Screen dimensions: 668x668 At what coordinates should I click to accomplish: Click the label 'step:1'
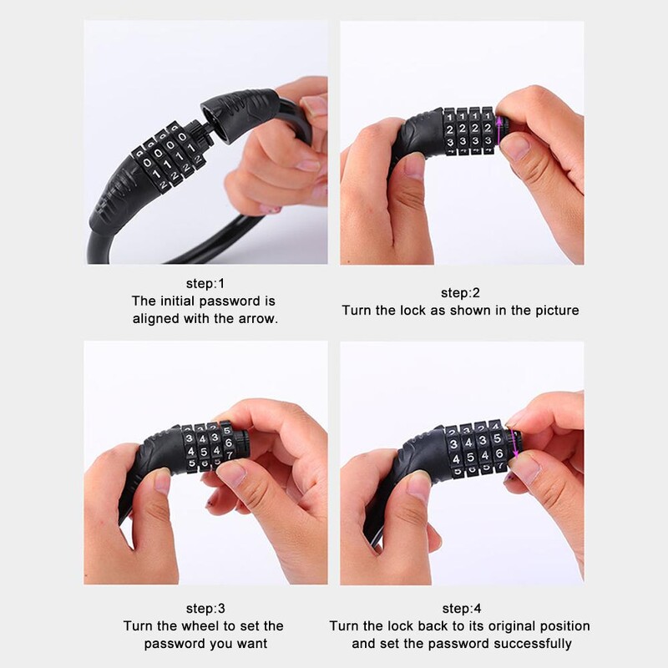[x=205, y=283]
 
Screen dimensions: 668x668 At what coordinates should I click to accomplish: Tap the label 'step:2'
[x=460, y=293]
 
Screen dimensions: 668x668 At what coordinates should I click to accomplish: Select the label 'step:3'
[x=205, y=608]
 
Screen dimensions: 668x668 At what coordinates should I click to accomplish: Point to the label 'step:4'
[x=462, y=608]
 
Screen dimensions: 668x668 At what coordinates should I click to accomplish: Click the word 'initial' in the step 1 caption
[x=178, y=301]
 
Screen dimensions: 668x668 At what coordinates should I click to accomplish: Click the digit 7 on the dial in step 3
[x=229, y=455]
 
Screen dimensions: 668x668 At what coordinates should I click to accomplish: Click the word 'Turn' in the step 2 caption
[x=357, y=310]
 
